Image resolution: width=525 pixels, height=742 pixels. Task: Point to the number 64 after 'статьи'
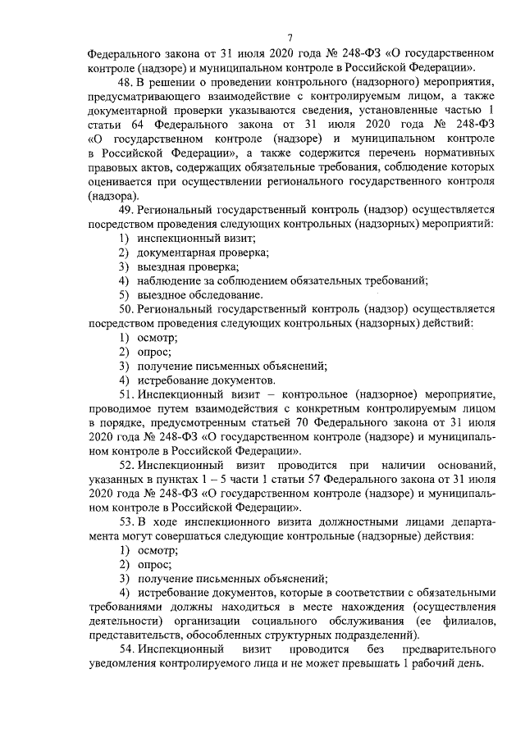point(144,125)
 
